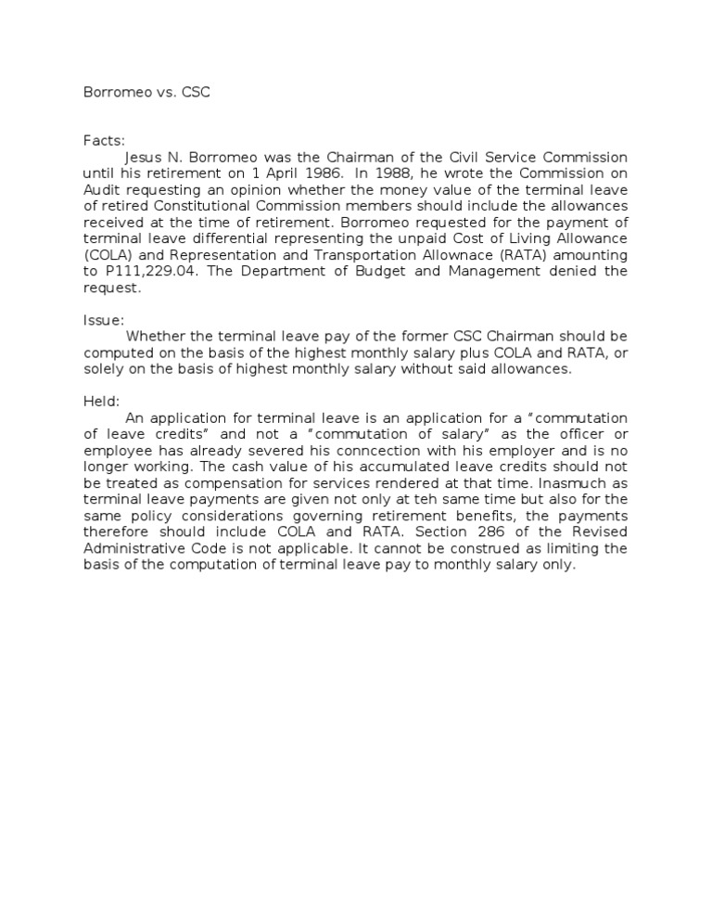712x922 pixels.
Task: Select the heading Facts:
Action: tap(104, 139)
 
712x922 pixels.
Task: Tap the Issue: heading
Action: tap(104, 320)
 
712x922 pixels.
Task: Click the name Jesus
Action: tap(145, 157)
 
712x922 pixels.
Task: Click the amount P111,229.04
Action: tap(141, 271)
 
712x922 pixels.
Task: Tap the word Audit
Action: tap(101, 189)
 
